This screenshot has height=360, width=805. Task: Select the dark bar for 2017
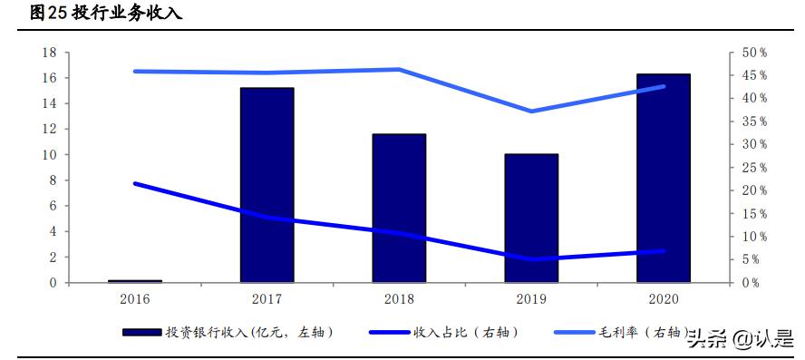pos(267,185)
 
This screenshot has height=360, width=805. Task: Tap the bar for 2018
pos(399,209)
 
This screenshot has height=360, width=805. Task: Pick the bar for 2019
pos(531,218)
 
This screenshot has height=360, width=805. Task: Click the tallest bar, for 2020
pos(664,178)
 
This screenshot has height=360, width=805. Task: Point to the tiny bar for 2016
pos(134,281)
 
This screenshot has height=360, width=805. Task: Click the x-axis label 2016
pos(134,298)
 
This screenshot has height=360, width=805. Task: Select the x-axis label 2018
pos(399,298)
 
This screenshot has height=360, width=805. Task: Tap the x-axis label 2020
pos(664,298)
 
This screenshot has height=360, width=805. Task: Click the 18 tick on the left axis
pos(50,53)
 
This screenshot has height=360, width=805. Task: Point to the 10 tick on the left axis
pos(50,155)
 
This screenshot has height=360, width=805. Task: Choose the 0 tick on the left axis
pos(53,283)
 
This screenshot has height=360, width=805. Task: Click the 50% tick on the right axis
pos(755,53)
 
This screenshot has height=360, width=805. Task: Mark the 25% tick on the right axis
pos(755,168)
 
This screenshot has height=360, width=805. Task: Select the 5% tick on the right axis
pos(752,259)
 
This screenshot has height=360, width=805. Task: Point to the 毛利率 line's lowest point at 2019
pos(531,112)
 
